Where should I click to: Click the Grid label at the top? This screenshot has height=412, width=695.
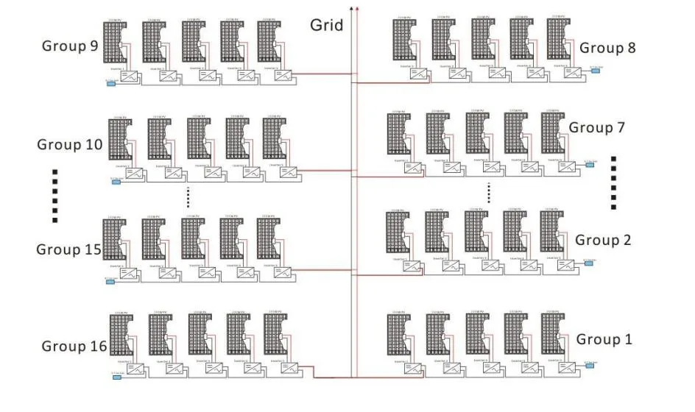(x=326, y=25)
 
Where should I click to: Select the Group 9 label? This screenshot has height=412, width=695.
(x=70, y=46)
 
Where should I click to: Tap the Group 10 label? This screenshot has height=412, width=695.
(x=70, y=144)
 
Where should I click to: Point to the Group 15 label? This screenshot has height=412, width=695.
(x=68, y=249)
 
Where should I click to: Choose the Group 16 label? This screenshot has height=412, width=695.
(x=74, y=346)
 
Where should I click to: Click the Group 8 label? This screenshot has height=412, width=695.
(x=607, y=48)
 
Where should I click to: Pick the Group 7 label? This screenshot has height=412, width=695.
(x=596, y=127)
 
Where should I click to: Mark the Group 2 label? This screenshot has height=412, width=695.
(x=603, y=240)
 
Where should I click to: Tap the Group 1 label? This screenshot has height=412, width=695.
(x=604, y=339)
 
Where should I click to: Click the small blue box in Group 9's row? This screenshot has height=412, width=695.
(x=111, y=83)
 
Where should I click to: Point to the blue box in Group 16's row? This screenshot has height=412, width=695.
(x=116, y=378)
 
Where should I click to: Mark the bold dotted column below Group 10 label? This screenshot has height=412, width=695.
(x=54, y=195)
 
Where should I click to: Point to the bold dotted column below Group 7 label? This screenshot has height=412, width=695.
(x=613, y=182)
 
